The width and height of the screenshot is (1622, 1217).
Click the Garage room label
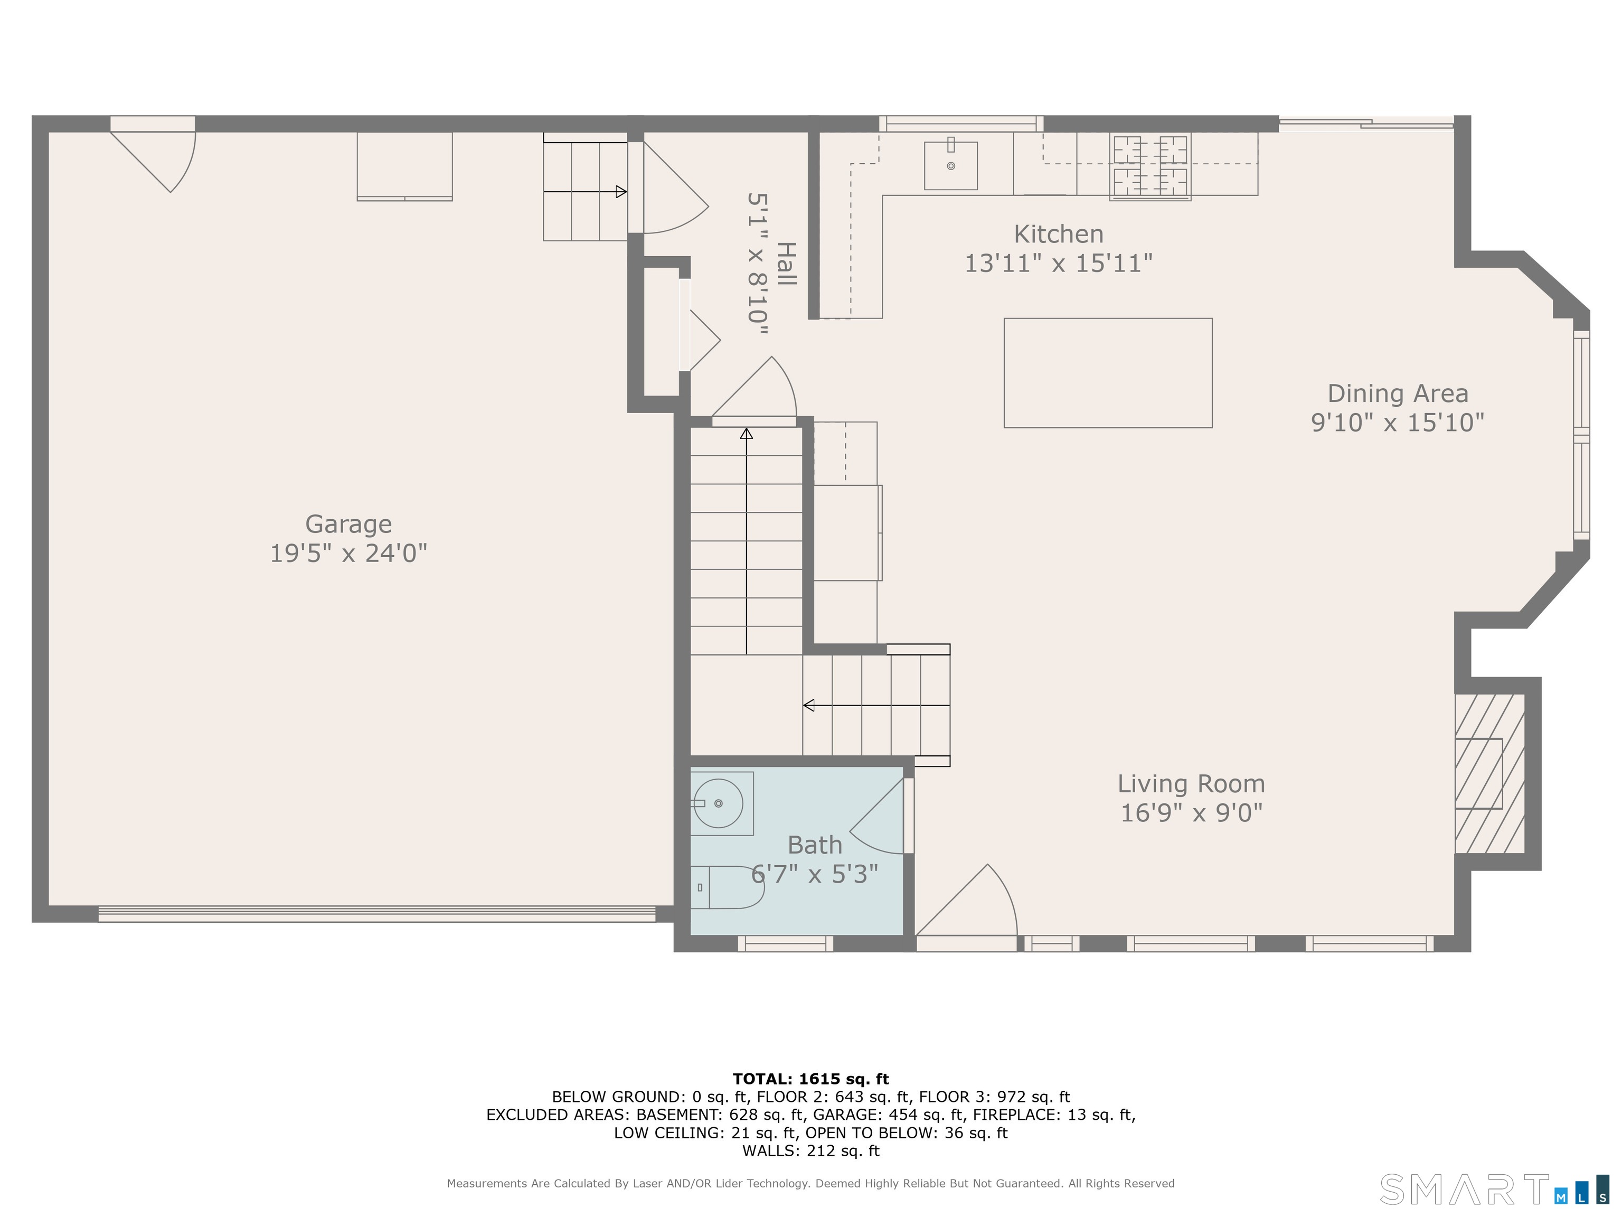[348, 524]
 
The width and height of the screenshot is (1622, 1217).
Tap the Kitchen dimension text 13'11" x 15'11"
[1058, 263]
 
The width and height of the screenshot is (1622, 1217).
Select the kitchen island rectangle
[1108, 373]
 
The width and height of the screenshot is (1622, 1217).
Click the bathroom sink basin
[719, 803]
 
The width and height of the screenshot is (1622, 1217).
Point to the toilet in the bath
[728, 887]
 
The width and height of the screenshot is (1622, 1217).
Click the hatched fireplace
[1490, 773]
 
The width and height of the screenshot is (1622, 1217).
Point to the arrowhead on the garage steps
[621, 192]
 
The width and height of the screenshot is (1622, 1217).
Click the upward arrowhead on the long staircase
[747, 434]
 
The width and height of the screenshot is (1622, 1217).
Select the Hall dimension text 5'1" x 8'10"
[758, 264]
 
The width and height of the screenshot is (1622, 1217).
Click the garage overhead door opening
[377, 913]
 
